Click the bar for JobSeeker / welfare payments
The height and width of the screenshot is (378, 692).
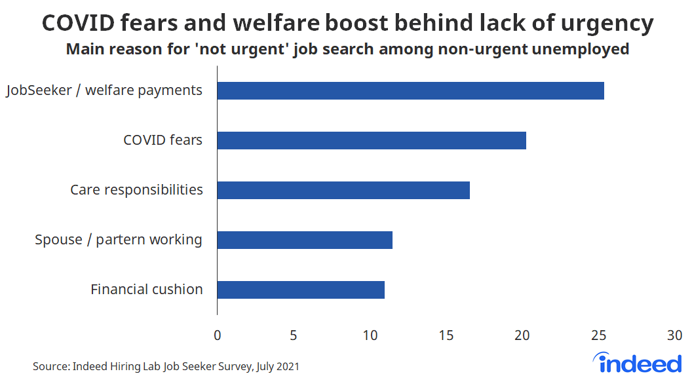410,90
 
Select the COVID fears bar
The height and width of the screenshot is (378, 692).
372,140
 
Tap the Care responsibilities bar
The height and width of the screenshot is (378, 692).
343,190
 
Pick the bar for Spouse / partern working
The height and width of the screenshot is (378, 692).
305,240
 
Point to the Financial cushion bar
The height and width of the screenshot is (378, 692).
301,290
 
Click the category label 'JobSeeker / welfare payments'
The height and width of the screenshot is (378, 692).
104,90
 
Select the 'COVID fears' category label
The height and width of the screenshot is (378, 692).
163,140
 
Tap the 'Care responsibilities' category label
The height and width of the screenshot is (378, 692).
136,190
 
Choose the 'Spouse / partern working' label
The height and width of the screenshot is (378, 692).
119,240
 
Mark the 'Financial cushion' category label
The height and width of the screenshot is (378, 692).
147,290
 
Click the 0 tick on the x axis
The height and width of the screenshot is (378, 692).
217,335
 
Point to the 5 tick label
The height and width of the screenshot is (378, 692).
294,335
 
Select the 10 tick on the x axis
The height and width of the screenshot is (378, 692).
370,335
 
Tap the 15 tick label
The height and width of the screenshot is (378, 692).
446,335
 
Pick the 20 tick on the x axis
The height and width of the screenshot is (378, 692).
522,335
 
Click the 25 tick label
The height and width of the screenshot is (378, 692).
598,335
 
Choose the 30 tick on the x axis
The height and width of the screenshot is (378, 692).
674,335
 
